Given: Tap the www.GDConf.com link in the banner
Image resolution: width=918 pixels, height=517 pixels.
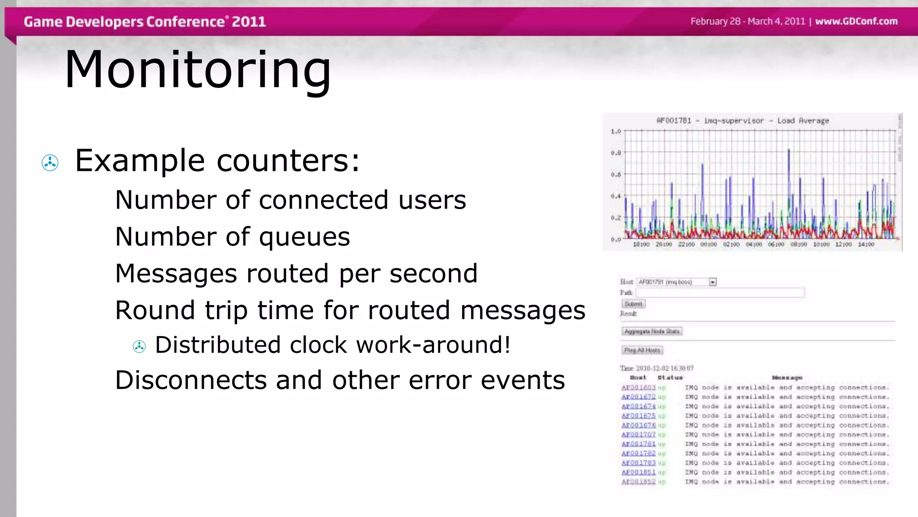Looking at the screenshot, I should [856, 21].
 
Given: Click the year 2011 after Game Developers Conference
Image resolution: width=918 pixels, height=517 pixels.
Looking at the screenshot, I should [249, 22].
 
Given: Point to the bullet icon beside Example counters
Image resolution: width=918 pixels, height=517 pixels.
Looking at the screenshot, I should [50, 162].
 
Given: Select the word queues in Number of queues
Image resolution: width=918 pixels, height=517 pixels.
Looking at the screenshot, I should [304, 237].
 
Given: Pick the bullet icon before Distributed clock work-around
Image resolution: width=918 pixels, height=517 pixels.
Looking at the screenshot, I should [139, 346].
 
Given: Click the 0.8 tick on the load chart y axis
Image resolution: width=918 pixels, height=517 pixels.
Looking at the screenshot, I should [616, 153].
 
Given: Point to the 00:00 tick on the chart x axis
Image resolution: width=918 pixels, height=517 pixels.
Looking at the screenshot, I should [709, 245].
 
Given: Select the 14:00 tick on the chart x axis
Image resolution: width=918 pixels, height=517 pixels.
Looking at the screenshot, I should [866, 245].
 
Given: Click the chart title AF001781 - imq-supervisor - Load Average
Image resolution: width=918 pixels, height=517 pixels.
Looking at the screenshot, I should [743, 121].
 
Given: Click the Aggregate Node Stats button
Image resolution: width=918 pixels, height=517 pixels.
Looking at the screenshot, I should [652, 331].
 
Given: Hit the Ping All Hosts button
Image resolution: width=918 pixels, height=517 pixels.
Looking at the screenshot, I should [642, 350].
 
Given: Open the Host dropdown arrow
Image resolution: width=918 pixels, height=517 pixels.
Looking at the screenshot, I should [713, 282].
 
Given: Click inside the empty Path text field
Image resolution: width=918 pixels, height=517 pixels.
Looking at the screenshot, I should [720, 293].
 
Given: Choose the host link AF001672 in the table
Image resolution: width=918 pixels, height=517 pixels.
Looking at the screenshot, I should [638, 397].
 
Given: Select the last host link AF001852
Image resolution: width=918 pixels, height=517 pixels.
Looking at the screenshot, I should [638, 482].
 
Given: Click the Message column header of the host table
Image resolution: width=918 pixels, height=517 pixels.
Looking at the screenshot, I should [787, 378].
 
